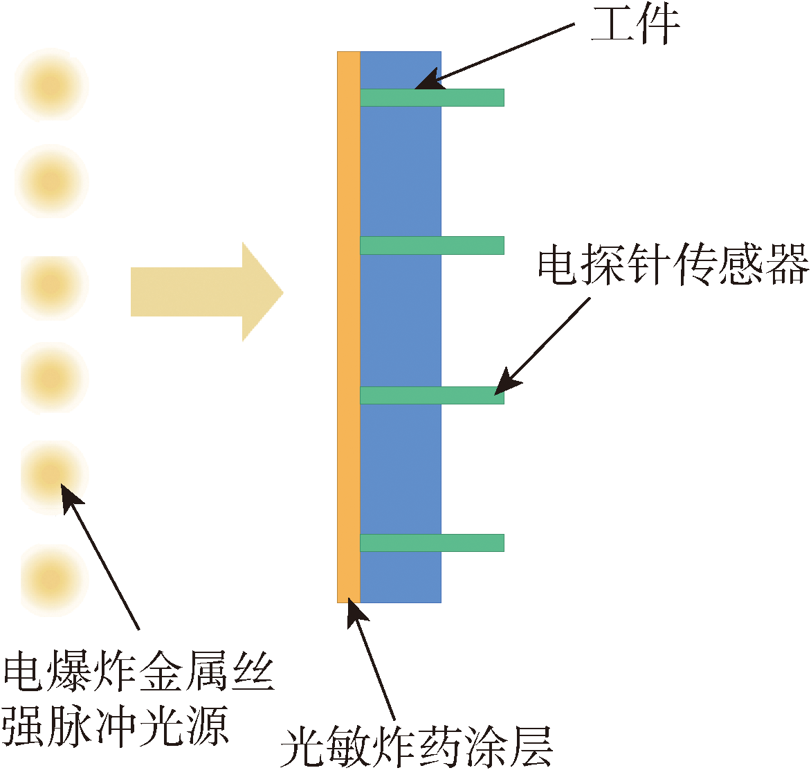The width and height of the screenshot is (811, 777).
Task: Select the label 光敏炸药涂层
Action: point(417,746)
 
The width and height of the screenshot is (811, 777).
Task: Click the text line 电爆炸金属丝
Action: point(138,671)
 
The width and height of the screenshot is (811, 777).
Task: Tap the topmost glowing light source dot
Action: point(52,86)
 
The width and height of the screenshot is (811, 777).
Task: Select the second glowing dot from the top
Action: point(52,181)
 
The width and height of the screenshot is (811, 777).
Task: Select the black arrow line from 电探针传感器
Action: point(547,343)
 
